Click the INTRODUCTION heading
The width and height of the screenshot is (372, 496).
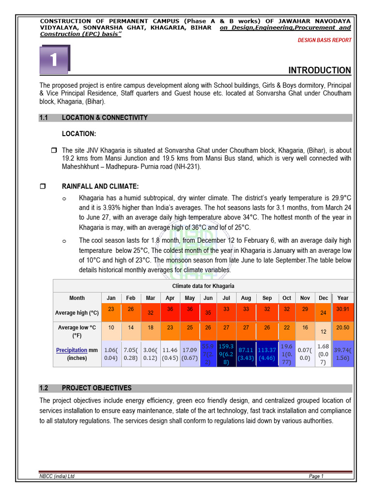320,70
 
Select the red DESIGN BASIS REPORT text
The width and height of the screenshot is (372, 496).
325,40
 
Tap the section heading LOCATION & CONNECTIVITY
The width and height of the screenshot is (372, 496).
105,118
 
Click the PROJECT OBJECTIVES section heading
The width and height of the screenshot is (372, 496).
96,388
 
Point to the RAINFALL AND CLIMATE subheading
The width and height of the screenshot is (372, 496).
100,186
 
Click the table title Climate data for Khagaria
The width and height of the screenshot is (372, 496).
203,286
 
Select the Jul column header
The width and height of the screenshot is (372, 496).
226,298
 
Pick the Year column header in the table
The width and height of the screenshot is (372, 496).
342,298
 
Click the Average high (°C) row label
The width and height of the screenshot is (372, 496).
77,313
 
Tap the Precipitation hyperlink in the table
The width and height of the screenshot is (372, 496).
71,350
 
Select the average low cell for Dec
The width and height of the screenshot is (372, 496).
323,331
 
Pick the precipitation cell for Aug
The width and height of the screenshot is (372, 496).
246,353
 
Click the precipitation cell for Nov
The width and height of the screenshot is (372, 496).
305,353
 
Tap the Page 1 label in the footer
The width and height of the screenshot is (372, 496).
316,476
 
